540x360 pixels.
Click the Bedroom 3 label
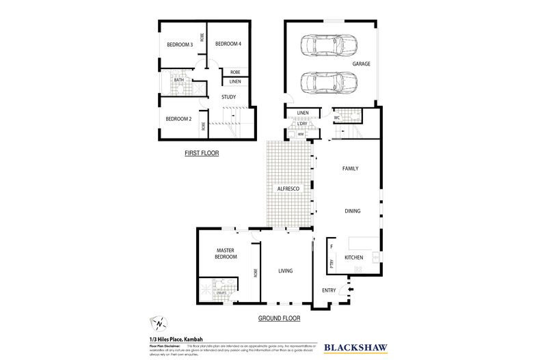(x=180, y=45)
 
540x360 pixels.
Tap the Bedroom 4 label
(x=228, y=44)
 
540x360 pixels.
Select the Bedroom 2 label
(x=178, y=118)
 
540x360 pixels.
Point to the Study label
(x=229, y=97)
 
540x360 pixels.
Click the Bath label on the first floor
(x=179, y=80)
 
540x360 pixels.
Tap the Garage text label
(x=361, y=64)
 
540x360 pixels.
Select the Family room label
(x=350, y=168)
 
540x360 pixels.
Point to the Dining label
(x=352, y=211)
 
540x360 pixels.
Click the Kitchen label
(x=353, y=257)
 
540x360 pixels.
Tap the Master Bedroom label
(x=226, y=253)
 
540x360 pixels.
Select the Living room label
(x=285, y=271)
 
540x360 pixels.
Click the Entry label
(x=329, y=290)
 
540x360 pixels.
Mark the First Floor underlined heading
(x=202, y=154)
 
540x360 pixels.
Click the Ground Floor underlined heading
(x=279, y=318)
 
